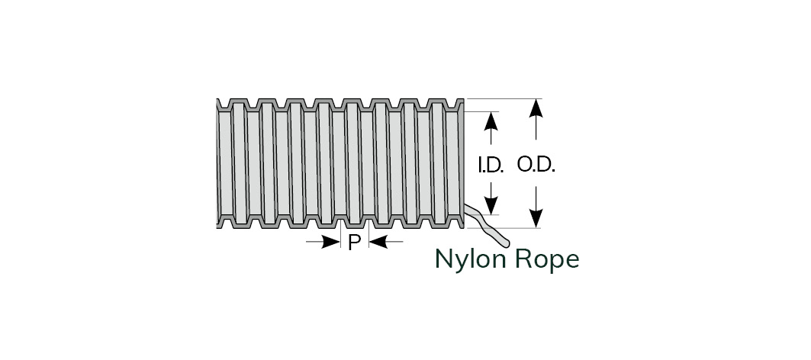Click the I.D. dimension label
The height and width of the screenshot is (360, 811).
(x=491, y=166)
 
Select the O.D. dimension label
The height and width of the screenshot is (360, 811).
(x=536, y=165)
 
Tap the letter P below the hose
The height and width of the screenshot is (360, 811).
(x=354, y=243)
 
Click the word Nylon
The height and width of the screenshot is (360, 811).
(x=467, y=259)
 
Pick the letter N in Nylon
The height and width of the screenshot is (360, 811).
(x=443, y=259)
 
